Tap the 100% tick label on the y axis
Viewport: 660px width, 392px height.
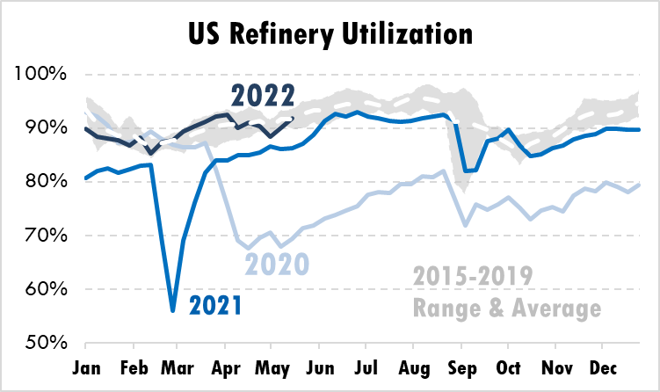tap(40, 74)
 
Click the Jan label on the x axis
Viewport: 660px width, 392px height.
tap(87, 366)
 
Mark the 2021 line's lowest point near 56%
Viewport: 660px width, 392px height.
tap(173, 310)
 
